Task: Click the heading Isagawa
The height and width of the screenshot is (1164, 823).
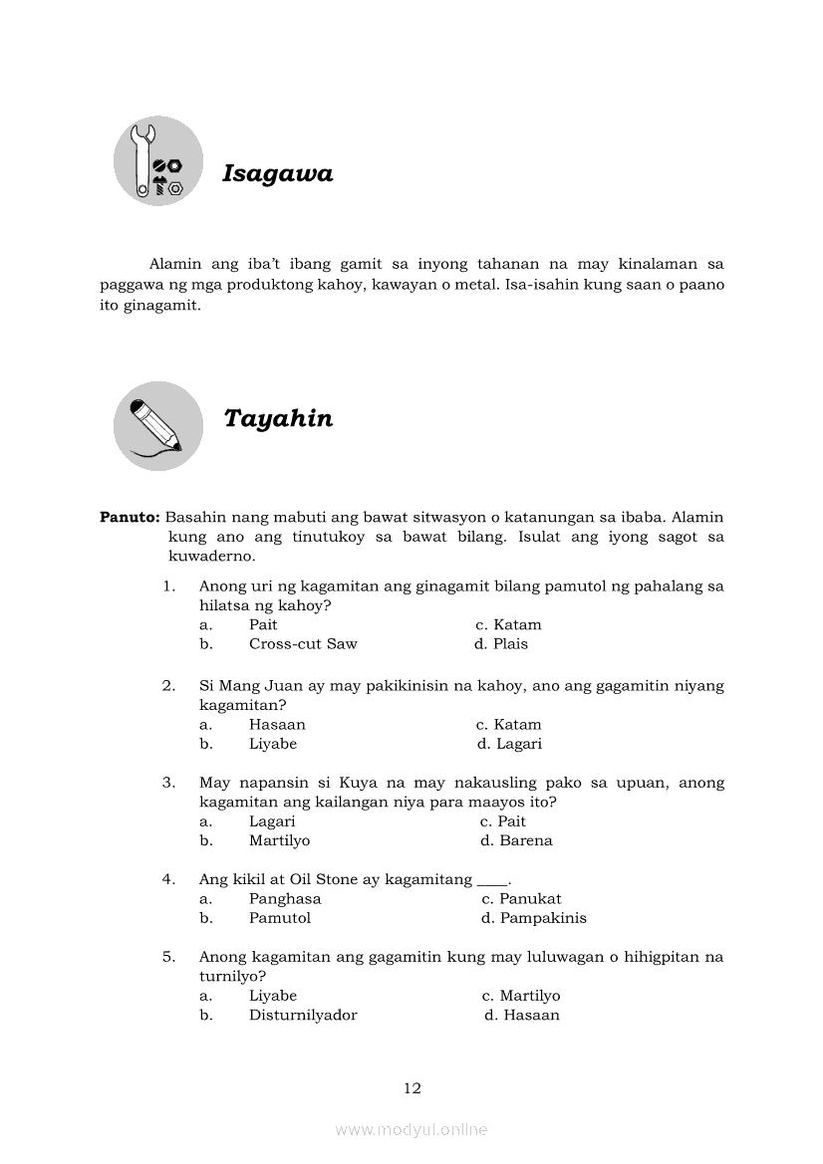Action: pyautogui.click(x=277, y=174)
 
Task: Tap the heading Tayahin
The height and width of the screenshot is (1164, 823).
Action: pyautogui.click(x=278, y=418)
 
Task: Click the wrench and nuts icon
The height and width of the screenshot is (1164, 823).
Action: pyautogui.click(x=158, y=161)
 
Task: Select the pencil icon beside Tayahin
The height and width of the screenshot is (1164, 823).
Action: pyautogui.click(x=157, y=425)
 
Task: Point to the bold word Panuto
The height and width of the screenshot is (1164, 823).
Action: pyautogui.click(x=130, y=518)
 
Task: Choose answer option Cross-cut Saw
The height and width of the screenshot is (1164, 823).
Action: pyautogui.click(x=303, y=644)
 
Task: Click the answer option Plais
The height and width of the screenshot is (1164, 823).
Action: pyautogui.click(x=510, y=644)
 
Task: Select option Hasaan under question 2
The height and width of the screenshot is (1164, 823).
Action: pyautogui.click(x=277, y=725)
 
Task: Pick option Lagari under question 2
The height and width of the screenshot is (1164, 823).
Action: pyautogui.click(x=519, y=744)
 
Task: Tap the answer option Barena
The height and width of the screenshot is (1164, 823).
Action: pyautogui.click(x=525, y=840)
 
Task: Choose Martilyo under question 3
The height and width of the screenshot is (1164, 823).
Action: pyautogui.click(x=279, y=840)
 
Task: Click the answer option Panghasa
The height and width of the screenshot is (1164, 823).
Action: pyautogui.click(x=285, y=899)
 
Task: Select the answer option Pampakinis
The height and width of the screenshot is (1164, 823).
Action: pyautogui.click(x=543, y=918)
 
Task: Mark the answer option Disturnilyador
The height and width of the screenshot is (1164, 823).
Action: pyautogui.click(x=303, y=1016)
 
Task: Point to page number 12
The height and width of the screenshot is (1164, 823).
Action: pyautogui.click(x=412, y=1088)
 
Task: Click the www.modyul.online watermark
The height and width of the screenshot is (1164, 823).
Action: pyautogui.click(x=411, y=1130)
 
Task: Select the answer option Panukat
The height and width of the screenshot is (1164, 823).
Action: pyautogui.click(x=530, y=899)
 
